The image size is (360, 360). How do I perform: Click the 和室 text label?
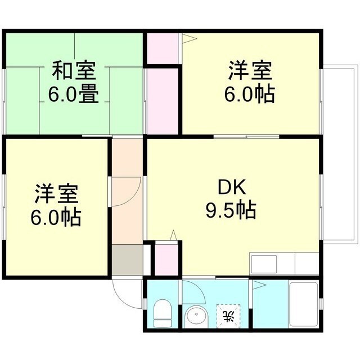point(74,71)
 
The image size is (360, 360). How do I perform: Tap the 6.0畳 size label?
point(74,93)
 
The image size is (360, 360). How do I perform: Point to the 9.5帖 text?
point(231,210)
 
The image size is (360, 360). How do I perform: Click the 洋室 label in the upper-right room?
point(250,71)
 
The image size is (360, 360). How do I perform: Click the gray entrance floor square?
point(127,260)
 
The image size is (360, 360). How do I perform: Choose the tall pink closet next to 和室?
point(163,101)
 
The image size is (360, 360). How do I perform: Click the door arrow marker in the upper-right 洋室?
point(188,39)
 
